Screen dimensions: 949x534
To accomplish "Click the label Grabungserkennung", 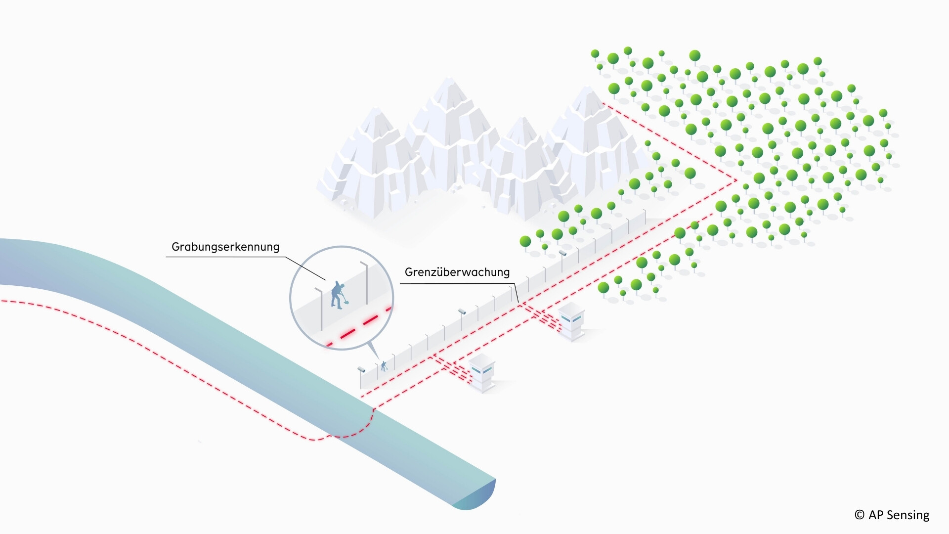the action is tap(225, 247).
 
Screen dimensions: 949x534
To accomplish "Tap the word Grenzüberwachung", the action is tap(457, 272).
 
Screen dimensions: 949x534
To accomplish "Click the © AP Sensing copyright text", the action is tap(892, 515).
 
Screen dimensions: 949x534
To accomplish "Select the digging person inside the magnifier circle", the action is tap(338, 295).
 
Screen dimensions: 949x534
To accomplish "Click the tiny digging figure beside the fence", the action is tap(384, 366).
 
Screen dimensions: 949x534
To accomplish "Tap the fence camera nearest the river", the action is tap(361, 369).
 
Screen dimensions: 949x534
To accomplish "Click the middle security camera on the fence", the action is tap(462, 311).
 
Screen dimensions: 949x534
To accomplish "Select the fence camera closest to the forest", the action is tap(562, 253).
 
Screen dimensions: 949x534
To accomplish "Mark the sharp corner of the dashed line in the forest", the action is tap(736, 180).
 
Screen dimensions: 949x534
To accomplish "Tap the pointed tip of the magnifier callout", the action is tap(379, 360).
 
